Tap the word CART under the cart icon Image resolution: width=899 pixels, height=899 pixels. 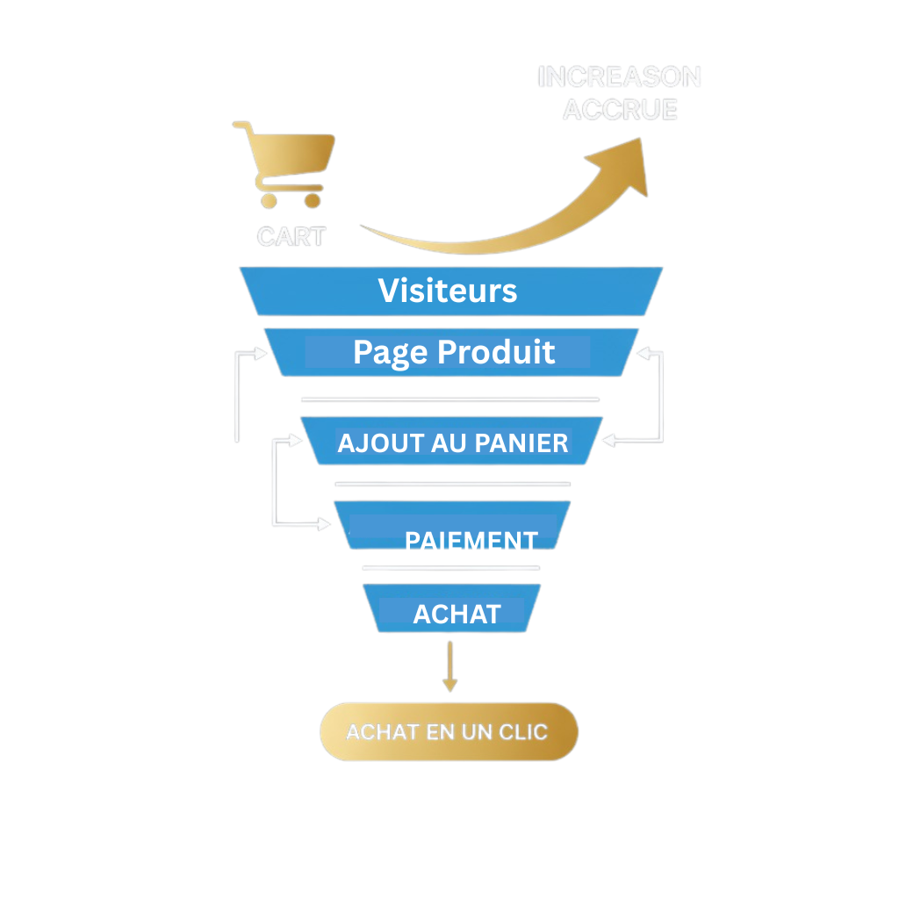pos(291,237)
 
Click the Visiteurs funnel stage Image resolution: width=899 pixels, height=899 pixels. pos(448,291)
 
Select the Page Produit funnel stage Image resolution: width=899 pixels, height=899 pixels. pos(453,352)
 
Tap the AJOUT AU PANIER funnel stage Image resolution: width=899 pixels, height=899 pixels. pos(452,442)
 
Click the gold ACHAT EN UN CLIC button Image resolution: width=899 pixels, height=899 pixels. pos(448,731)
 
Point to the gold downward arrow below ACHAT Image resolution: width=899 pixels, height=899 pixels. pos(450,667)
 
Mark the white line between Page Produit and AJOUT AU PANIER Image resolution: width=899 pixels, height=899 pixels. pos(449,399)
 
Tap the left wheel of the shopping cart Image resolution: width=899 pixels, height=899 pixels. pos(269,201)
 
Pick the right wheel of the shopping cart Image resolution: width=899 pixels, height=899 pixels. pos(312,201)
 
